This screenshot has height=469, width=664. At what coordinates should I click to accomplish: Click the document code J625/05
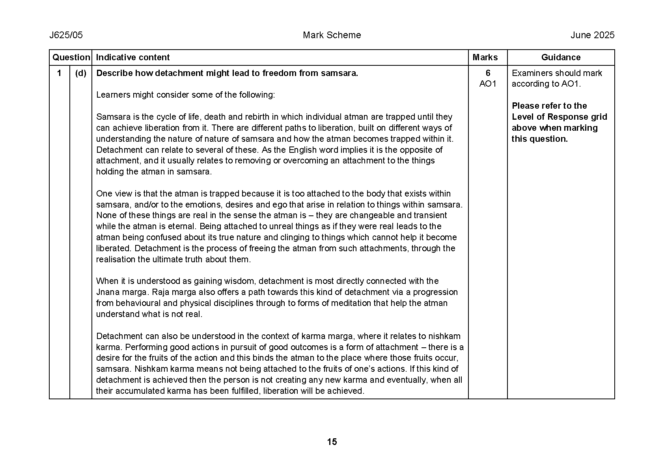click(66, 35)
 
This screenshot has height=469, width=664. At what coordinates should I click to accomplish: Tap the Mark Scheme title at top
click(332, 35)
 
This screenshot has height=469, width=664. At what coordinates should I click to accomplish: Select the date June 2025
click(592, 35)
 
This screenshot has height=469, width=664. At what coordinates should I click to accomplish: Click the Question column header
click(71, 57)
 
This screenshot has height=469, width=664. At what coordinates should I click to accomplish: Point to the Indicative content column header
click(133, 57)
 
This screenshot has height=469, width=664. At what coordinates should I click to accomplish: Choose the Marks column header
click(485, 57)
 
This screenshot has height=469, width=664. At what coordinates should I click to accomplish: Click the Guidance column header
click(561, 57)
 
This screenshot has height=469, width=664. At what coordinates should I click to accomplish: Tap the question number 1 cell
click(59, 73)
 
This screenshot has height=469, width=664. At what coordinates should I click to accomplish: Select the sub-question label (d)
click(80, 73)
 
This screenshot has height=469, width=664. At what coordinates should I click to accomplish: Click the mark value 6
click(488, 73)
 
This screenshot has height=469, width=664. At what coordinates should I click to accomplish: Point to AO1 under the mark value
click(488, 84)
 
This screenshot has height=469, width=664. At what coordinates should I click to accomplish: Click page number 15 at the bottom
click(332, 442)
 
